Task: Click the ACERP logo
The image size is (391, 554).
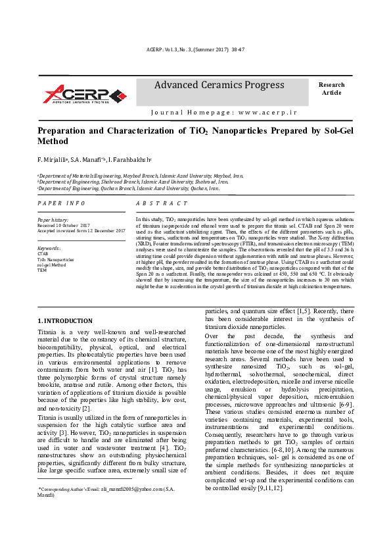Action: click(x=83, y=93)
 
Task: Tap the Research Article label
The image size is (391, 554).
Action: click(x=331, y=89)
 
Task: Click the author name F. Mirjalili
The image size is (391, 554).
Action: click(x=53, y=160)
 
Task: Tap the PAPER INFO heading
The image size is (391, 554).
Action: click(x=61, y=203)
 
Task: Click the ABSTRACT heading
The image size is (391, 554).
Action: click(x=162, y=203)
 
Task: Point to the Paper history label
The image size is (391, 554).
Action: click(x=53, y=220)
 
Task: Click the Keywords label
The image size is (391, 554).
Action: click(x=49, y=248)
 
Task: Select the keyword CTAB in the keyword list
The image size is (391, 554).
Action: click(x=43, y=253)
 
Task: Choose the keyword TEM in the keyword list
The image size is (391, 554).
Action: click(x=42, y=270)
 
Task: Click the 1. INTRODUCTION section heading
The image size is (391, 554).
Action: click(x=65, y=320)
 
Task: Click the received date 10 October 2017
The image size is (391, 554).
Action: click(x=77, y=225)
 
